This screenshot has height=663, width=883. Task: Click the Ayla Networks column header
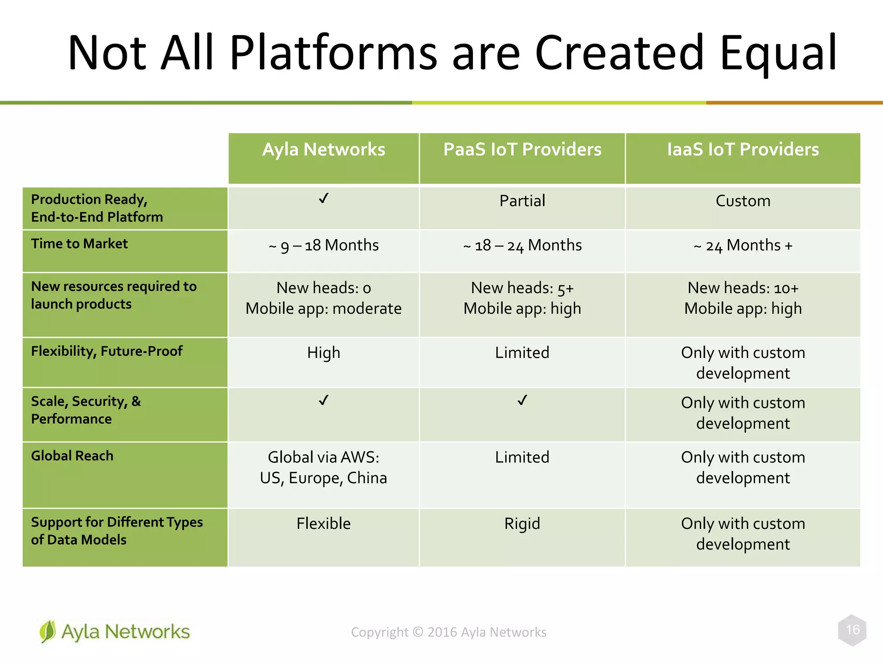[x=323, y=150]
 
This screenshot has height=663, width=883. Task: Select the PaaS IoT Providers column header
[x=522, y=150]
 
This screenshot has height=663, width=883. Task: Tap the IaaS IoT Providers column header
[x=742, y=150]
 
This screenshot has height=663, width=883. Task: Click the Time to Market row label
[x=79, y=244]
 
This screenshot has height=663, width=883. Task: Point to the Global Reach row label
[x=72, y=456]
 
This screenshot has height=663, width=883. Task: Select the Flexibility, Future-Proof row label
[x=106, y=351]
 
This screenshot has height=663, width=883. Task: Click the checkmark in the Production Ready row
[x=323, y=199]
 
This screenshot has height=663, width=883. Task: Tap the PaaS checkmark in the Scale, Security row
[x=522, y=401]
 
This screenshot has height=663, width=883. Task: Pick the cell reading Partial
[x=522, y=201]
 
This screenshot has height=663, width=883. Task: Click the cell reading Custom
[x=742, y=201]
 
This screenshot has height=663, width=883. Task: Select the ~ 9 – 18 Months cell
[x=323, y=246]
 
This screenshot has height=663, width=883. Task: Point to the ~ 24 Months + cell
[x=742, y=246]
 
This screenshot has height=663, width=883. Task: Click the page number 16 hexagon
[x=852, y=630]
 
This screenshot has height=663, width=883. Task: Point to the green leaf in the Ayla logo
[x=47, y=631]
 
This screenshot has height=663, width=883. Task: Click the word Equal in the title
[x=778, y=53]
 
